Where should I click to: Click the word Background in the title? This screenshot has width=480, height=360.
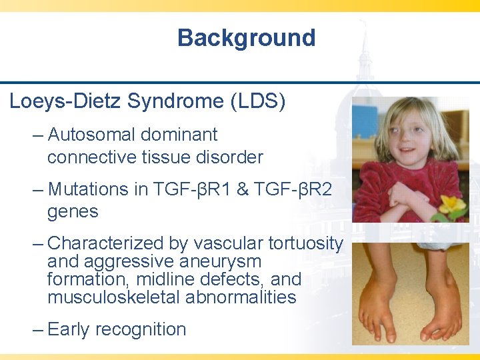246,38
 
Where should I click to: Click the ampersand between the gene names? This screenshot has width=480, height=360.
242,189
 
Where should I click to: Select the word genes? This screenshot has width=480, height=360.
73,213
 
